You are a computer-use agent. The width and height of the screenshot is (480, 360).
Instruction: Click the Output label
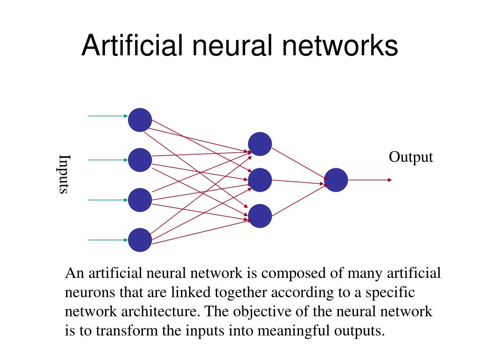[x=411, y=157]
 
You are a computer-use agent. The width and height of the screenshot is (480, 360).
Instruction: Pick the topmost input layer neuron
[x=140, y=120]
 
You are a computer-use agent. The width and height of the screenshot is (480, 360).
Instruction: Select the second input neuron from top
[x=140, y=160]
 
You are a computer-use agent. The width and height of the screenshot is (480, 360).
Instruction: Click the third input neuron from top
[x=140, y=200]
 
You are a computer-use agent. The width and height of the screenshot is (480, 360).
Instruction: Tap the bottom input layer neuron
[x=140, y=240]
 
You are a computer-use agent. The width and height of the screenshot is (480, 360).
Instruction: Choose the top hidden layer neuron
[x=260, y=144]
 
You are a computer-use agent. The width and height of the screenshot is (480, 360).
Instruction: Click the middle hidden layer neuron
[x=260, y=180]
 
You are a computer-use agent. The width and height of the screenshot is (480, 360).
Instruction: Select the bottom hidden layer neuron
[x=260, y=216]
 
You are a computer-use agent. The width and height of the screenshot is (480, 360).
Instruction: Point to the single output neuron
[x=336, y=180]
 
